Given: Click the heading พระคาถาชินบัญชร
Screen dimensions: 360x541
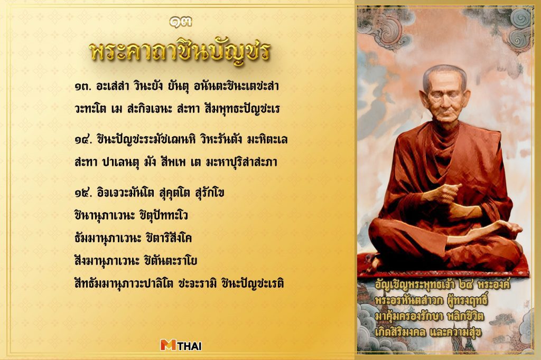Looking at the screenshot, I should pyautogui.click(x=180, y=51).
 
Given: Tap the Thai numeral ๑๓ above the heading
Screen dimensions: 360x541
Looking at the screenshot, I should pyautogui.click(x=180, y=22).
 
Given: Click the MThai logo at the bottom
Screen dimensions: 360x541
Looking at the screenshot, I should pyautogui.click(x=181, y=345).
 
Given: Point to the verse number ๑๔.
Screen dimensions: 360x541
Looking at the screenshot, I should pyautogui.click(x=83, y=140).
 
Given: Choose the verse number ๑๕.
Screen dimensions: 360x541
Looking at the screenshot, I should pyautogui.click(x=83, y=194).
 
